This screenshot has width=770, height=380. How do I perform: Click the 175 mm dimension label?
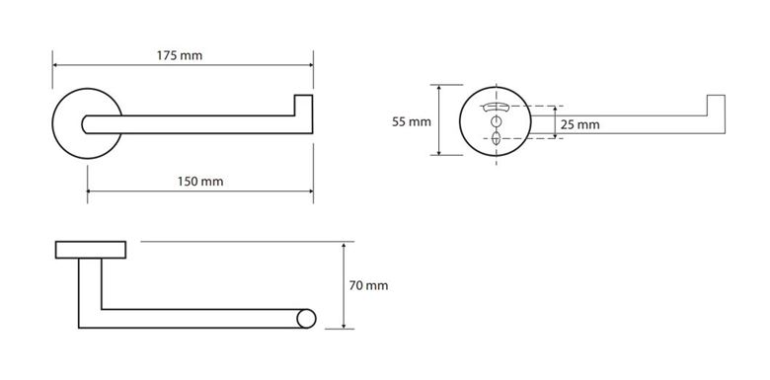click(x=180, y=55)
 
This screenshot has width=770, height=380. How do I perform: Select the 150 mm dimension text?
click(x=200, y=182)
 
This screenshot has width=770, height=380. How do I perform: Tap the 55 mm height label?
click(x=411, y=121)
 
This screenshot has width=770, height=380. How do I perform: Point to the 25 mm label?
click(x=579, y=124)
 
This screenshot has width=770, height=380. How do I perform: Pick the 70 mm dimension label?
click(x=368, y=285)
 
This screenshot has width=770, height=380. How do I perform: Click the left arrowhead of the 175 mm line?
click(x=55, y=65)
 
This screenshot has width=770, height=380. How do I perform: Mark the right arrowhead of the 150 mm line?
click(x=310, y=190)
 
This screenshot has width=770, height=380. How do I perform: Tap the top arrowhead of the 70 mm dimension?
click(x=344, y=245)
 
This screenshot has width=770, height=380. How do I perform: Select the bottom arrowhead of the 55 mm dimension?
click(x=439, y=152)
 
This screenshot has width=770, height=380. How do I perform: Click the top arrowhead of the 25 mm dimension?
click(x=556, y=109)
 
